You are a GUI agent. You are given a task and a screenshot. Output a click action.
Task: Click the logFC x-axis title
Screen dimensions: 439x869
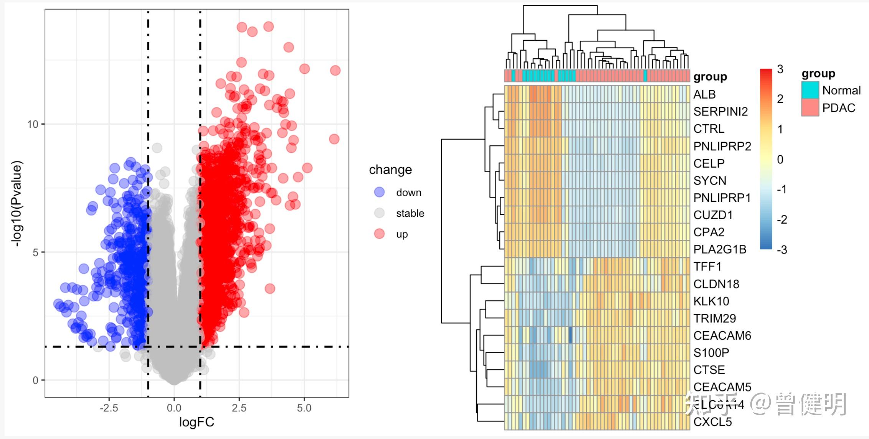coord(197,422)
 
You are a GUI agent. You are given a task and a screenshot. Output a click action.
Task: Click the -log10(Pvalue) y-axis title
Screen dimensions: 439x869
coord(17,203)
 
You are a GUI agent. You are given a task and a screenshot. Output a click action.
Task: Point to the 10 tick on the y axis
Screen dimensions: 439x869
coord(33,124)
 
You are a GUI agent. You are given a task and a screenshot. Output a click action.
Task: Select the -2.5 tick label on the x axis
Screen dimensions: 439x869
coord(109,408)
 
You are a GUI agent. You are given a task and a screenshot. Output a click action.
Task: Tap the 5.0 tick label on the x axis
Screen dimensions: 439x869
coord(304,408)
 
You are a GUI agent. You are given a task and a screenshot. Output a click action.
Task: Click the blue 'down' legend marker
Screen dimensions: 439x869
coord(379,192)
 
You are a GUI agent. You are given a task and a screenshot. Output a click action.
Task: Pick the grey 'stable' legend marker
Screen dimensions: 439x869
coord(379,213)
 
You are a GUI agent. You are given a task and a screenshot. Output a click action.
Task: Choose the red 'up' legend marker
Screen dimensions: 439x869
coord(379,234)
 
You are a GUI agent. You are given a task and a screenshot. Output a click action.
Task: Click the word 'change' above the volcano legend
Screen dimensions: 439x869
coord(390,170)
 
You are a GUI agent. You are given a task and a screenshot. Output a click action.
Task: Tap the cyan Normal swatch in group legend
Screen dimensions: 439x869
coord(810,90)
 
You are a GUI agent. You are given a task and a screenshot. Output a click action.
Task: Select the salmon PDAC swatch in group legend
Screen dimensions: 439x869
coord(810,108)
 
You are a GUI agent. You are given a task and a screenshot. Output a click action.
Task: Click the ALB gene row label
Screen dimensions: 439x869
coord(704,94)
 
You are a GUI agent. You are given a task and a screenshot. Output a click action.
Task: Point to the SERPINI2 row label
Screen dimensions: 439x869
coord(720,112)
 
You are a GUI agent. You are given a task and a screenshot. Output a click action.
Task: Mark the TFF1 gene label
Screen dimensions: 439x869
coord(707,266)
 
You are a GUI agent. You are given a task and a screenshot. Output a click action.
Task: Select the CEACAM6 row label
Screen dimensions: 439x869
coord(722,335)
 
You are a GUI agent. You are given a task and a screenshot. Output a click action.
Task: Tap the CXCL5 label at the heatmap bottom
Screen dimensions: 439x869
coord(712,422)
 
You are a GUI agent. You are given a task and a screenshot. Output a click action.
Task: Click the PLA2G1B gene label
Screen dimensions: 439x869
coord(720,249)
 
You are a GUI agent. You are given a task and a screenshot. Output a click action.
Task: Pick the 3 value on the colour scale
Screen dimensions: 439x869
coord(780,69)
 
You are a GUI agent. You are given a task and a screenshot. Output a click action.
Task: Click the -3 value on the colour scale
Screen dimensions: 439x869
coord(781,250)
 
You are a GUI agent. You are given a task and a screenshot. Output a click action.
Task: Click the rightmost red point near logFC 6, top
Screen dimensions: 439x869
coord(335,71)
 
